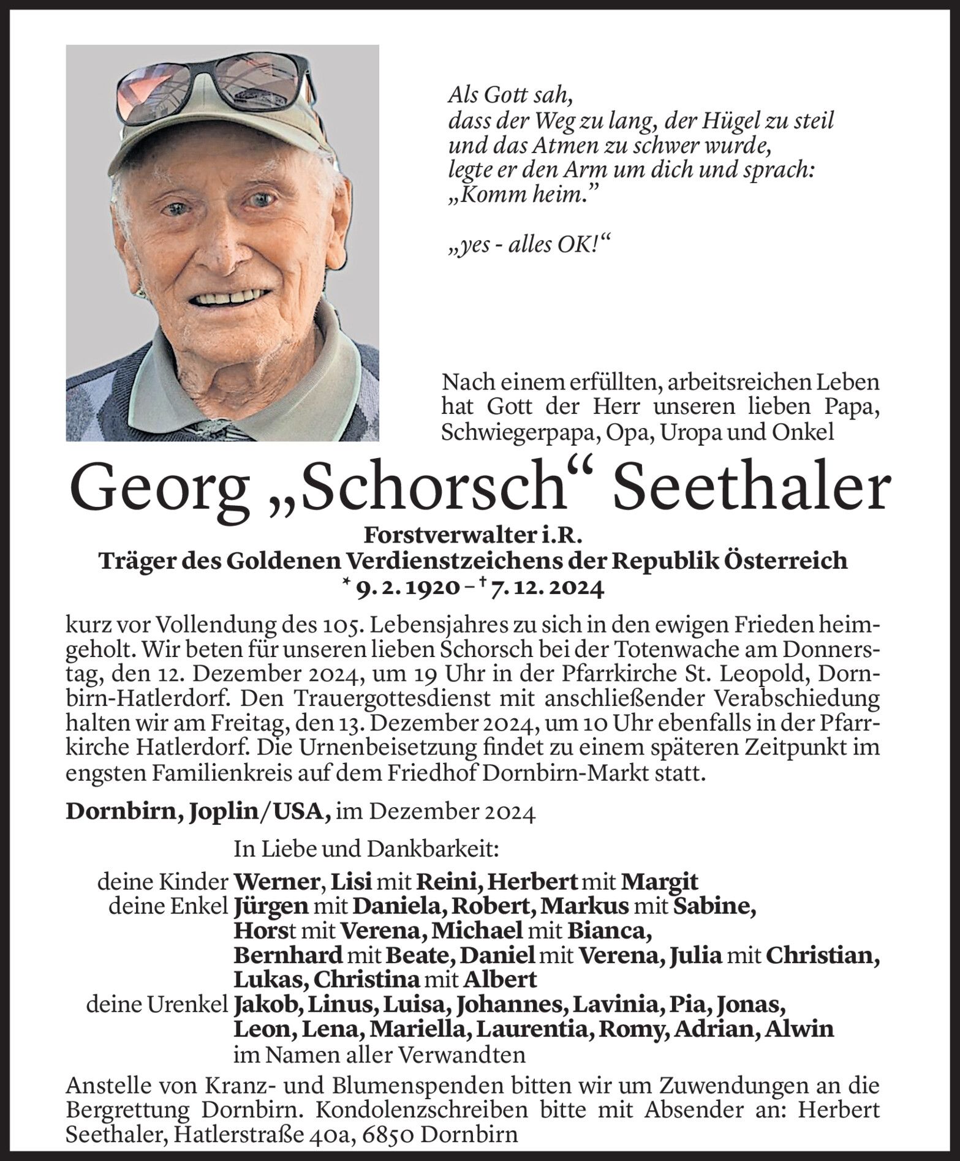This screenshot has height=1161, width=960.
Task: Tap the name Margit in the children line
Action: (x=659, y=881)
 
